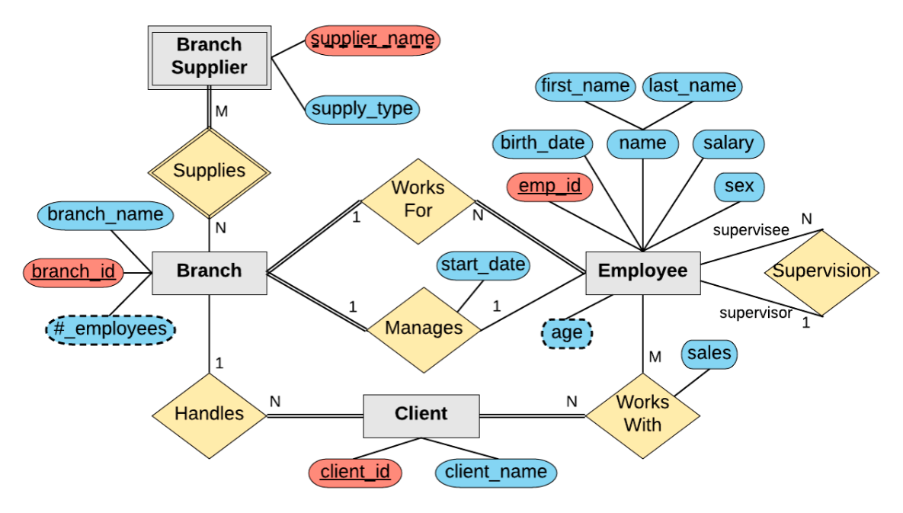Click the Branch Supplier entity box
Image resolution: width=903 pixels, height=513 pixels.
(209, 57)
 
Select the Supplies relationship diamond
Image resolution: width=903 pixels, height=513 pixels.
(209, 171)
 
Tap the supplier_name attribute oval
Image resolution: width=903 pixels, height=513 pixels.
(373, 39)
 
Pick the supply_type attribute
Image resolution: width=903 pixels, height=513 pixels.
(362, 109)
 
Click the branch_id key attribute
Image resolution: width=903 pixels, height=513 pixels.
(73, 271)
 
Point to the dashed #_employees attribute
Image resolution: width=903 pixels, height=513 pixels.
(110, 329)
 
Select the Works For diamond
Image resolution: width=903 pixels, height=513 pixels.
(418, 199)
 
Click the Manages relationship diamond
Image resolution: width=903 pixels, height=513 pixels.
(424, 329)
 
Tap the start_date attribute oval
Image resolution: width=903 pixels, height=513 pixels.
(483, 265)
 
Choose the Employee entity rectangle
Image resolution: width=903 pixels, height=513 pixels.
(642, 271)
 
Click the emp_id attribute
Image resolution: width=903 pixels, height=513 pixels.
(550, 186)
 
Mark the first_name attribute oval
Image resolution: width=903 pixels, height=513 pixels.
(584, 86)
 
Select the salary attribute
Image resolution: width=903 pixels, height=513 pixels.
(728, 143)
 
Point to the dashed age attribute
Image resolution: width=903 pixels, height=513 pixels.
(566, 333)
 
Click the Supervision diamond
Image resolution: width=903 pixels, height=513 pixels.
(821, 271)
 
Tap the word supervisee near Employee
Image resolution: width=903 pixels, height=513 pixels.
(751, 230)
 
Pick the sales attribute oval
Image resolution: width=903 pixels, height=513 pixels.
(709, 354)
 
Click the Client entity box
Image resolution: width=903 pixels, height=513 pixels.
(421, 415)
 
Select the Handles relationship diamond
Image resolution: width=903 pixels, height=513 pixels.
(209, 414)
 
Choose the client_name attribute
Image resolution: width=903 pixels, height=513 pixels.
(495, 473)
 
